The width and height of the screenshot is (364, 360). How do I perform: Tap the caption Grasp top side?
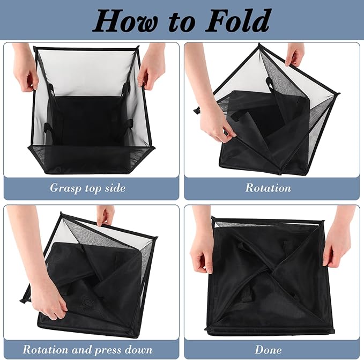88,188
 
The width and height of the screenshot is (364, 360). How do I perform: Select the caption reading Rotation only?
268,188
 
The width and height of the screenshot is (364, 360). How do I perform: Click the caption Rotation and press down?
88,349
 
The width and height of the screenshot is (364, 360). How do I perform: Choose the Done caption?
268,349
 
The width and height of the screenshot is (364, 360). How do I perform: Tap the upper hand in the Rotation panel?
295,54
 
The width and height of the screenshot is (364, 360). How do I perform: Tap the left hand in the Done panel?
202,247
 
